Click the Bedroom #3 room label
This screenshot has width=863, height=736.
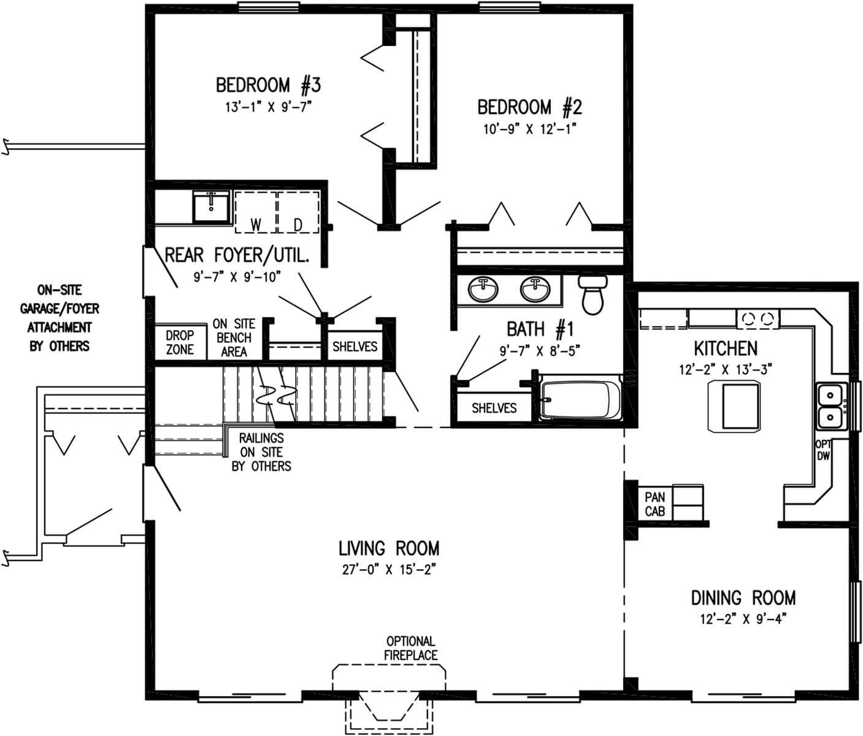pos(268,85)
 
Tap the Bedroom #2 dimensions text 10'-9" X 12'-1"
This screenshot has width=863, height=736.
pos(529,129)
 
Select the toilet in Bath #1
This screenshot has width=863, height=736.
pos(593,294)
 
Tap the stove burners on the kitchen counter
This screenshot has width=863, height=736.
pos(758,318)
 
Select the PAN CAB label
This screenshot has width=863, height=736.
pos(654,504)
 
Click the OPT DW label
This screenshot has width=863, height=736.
pos(823,450)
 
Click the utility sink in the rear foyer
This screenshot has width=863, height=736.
pos(211,206)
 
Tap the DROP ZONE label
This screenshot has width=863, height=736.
pos(180,342)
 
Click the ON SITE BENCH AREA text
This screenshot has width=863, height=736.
pos(234,337)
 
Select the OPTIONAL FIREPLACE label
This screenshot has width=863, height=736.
pos(410,648)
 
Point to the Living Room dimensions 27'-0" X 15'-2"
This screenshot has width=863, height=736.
pos(389,569)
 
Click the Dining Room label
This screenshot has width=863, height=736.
pos(743,597)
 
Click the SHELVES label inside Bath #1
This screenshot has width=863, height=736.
pos(494,408)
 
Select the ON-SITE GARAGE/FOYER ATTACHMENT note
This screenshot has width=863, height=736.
pos(59,318)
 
